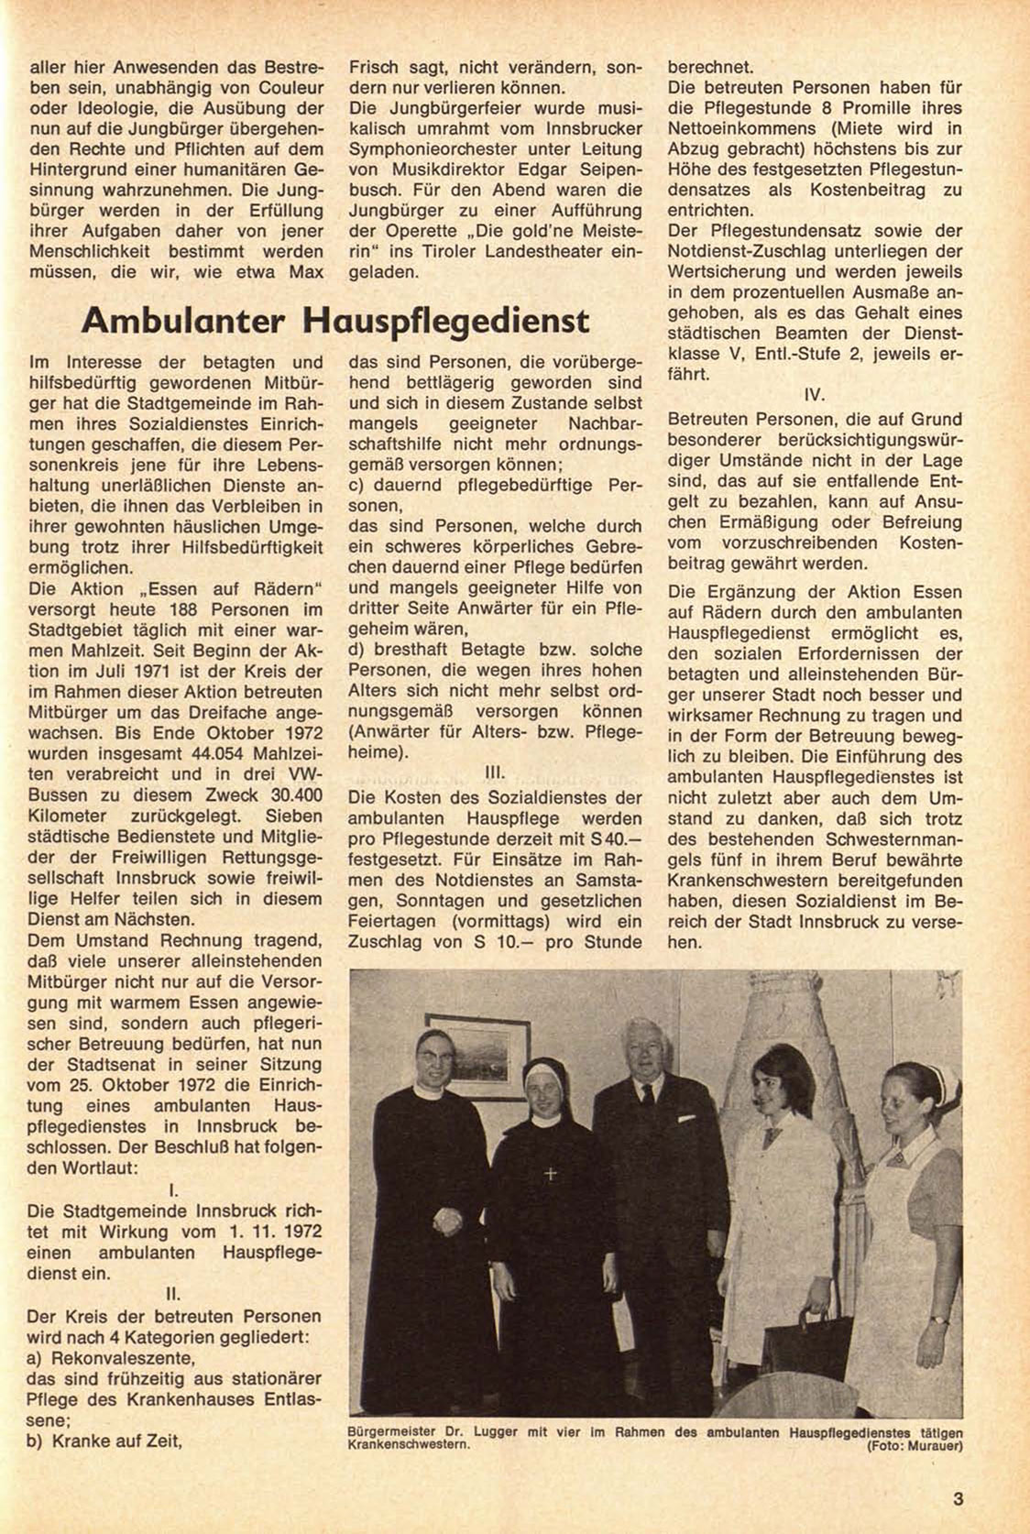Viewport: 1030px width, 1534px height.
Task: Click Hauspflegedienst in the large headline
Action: pos(446,320)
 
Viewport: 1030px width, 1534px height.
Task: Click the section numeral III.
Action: pos(495,772)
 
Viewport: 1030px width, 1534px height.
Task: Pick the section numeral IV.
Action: pos(815,396)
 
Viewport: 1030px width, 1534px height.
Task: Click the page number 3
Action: pos(958,1499)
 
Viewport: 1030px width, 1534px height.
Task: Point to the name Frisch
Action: pos(375,67)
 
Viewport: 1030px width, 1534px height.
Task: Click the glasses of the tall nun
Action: pos(434,1050)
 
